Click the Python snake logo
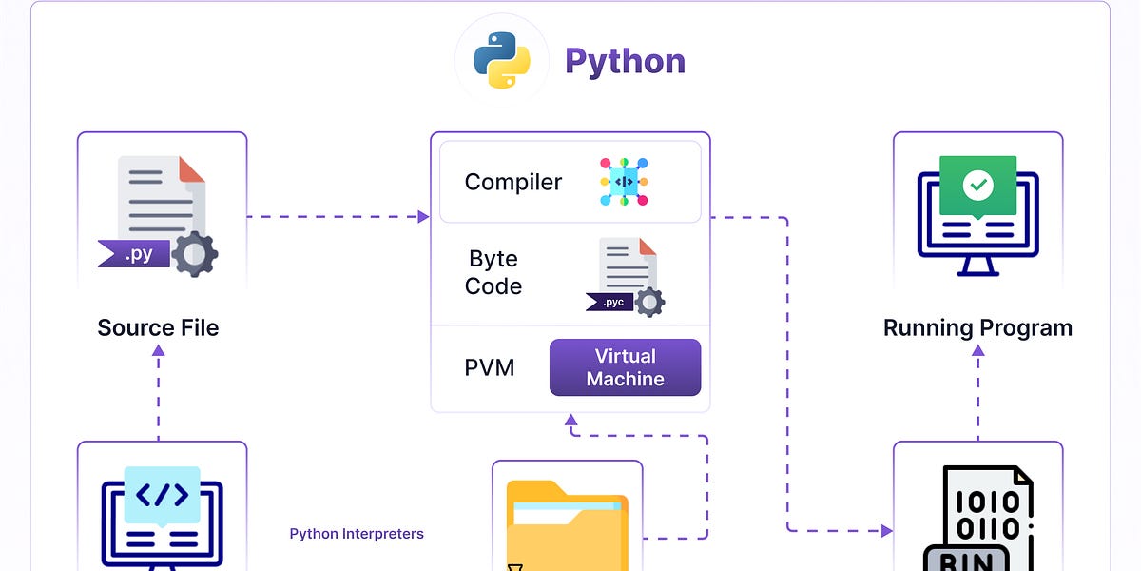[501, 61]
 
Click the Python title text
[625, 61]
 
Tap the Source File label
[158, 328]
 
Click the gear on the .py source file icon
[195, 254]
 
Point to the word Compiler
[512, 182]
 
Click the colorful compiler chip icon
[624, 182]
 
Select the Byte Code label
[493, 272]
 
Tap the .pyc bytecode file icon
[626, 277]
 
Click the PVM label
[490, 367]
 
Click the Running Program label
[977, 328]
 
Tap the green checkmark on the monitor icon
[977, 186]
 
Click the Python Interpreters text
[357, 534]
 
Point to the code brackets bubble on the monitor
[163, 495]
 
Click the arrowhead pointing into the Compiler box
[424, 217]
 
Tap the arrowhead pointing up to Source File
[159, 350]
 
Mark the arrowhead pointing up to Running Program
[977, 350]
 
